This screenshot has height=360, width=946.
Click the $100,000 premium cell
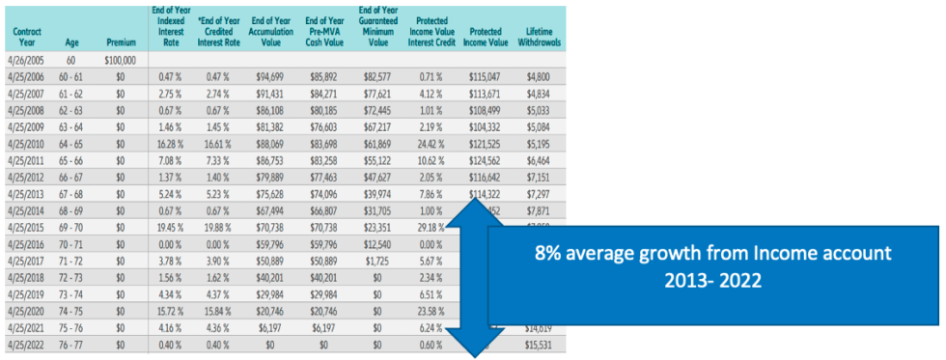[x=120, y=60]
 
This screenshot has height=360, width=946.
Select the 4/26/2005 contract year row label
[x=26, y=60]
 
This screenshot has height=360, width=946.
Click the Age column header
[x=70, y=43]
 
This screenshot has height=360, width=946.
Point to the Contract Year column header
[x=26, y=38]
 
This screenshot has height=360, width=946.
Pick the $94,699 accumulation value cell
[x=271, y=76]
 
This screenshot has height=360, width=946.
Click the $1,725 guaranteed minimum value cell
[x=381, y=261]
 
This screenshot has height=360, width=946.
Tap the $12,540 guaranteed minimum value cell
[x=381, y=244]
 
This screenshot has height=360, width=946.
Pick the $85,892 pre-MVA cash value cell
[x=326, y=76]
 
